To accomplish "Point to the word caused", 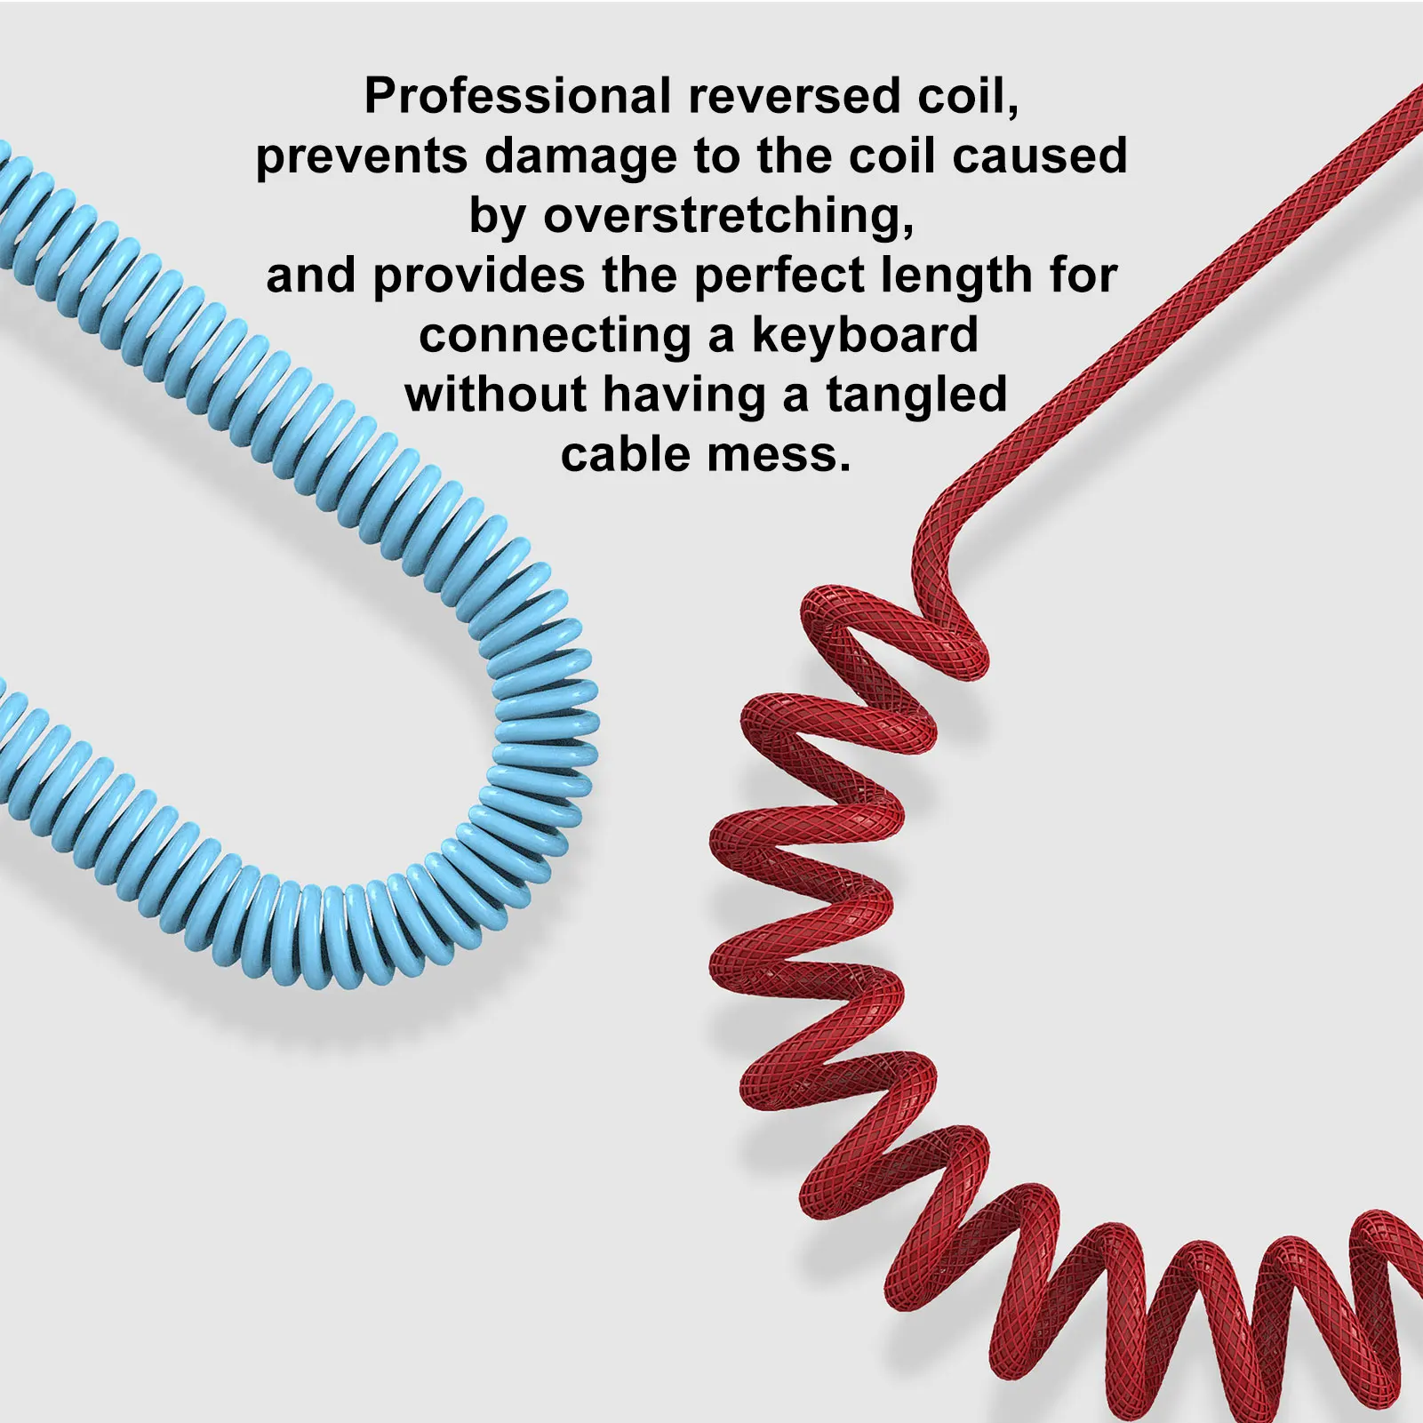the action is pos(1040,156).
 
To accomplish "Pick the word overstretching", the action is pos(729,216).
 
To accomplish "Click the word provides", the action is pos(479,276).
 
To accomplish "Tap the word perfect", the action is pos(779,276).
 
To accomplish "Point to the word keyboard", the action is pos(865,336).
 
